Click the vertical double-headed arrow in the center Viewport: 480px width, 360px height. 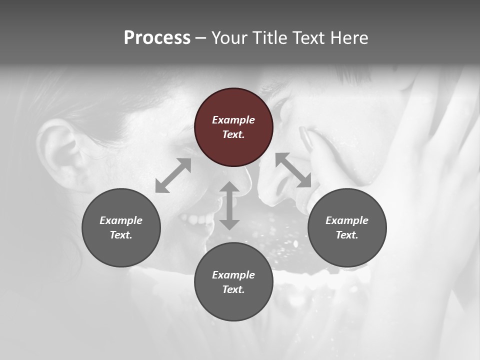pos(229,206)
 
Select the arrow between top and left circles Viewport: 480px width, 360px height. pos(173,175)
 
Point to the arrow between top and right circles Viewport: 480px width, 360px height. pos(293,170)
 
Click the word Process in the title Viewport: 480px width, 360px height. pos(157,38)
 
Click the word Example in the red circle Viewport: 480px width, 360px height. pos(233,120)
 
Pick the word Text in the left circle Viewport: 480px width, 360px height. pos(121,235)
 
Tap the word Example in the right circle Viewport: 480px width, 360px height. pos(347,220)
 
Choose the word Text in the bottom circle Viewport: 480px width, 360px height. pos(233,289)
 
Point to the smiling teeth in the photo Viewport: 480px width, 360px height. pos(197,219)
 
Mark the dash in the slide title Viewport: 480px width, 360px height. pos(201,38)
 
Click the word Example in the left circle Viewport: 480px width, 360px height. pos(121,220)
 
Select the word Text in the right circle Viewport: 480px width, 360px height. pos(347,235)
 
